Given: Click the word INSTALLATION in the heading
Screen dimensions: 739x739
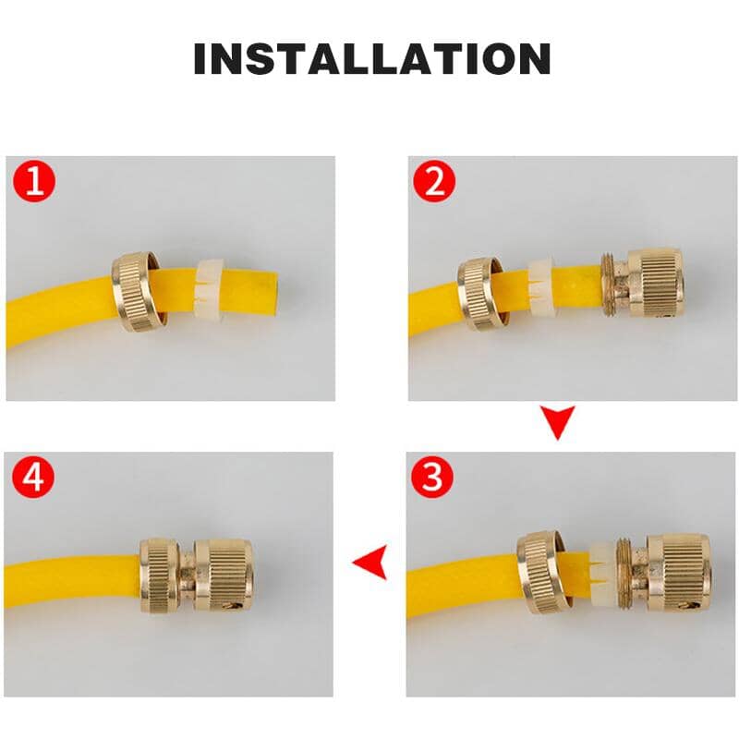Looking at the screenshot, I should pos(371,58).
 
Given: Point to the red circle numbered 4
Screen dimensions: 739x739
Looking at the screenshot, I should pos(35,478).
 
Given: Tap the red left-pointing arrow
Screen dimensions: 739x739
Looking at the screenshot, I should pos(370,562).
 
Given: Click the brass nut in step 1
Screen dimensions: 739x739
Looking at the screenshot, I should pos(138,291).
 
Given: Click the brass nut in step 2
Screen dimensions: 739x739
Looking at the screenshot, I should pos(479,293).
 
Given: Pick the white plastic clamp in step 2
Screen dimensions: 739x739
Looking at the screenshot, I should pos(539,288).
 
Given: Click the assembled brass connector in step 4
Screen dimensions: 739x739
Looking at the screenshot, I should pos(196,575).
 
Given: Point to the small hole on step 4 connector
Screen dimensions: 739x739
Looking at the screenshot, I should pos(224,605).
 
